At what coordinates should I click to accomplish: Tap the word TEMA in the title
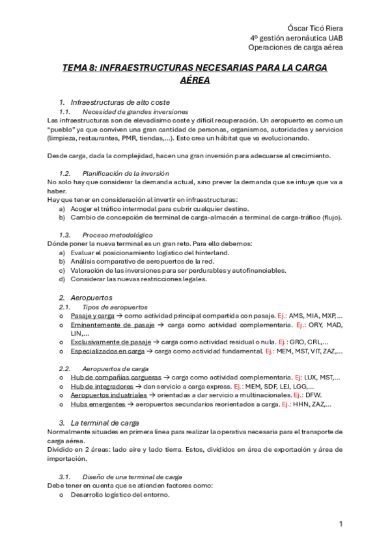click(74, 68)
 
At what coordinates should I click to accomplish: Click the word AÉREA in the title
click(195, 81)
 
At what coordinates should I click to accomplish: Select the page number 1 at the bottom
click(341, 524)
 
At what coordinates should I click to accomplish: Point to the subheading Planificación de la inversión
click(126, 173)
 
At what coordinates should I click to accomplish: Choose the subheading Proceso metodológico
click(118, 234)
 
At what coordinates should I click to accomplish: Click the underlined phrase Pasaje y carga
click(92, 315)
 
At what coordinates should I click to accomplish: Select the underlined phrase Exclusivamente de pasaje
click(111, 342)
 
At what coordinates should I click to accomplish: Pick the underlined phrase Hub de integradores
click(102, 386)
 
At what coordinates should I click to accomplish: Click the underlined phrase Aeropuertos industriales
click(109, 395)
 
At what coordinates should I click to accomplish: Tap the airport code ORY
click(317, 324)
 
